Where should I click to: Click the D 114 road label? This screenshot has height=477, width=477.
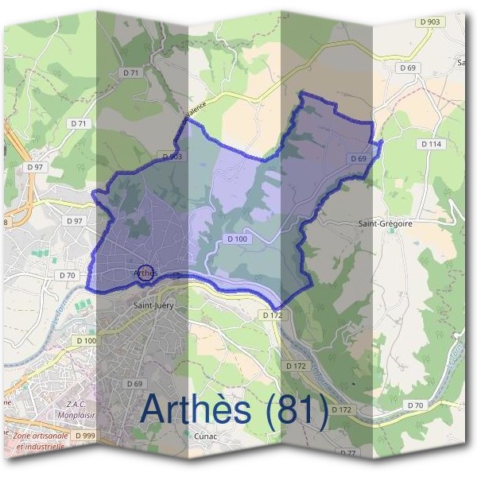430,144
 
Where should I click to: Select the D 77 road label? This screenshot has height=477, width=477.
347,452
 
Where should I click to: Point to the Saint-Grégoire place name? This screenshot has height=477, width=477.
386,224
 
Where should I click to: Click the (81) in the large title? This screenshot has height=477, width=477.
297,409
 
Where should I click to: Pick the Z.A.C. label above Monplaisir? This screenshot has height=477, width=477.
75,404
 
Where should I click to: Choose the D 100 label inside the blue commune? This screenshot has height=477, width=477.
237,238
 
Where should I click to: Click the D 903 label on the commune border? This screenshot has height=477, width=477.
173,157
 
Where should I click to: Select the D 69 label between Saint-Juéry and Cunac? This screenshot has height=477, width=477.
134,383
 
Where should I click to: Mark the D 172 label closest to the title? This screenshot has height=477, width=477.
340,409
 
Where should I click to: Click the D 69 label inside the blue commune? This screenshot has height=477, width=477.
358,159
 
